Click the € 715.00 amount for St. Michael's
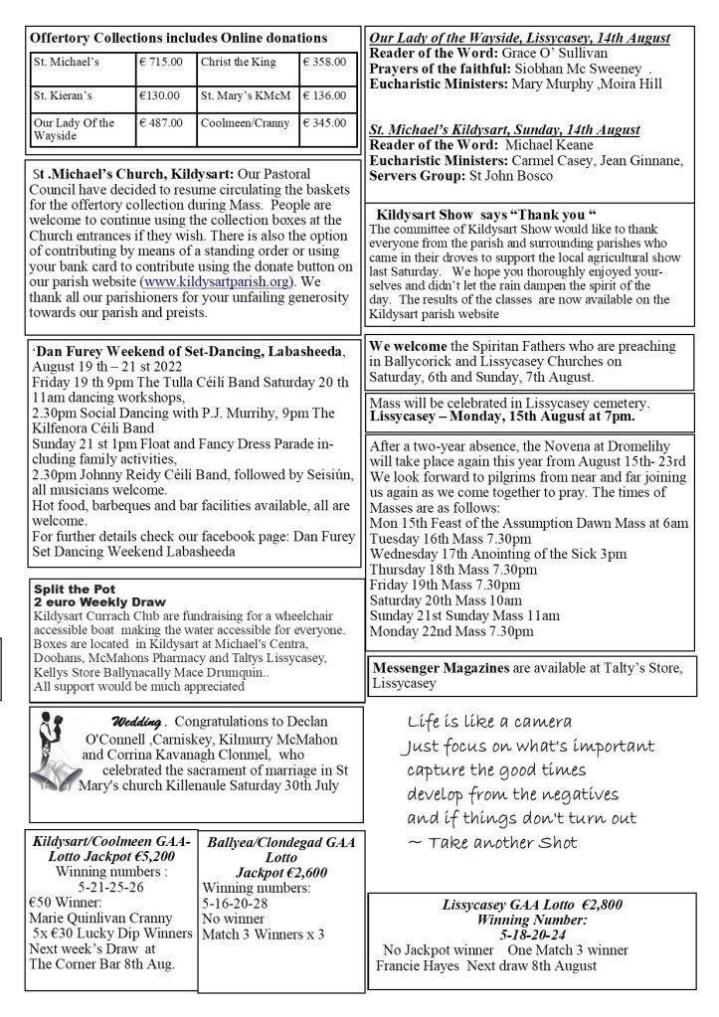pyautogui.click(x=161, y=63)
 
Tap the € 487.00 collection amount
pyautogui.click(x=161, y=123)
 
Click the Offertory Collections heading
pyautogui.click(x=179, y=37)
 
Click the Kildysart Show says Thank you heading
pyautogui.click(x=485, y=214)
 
